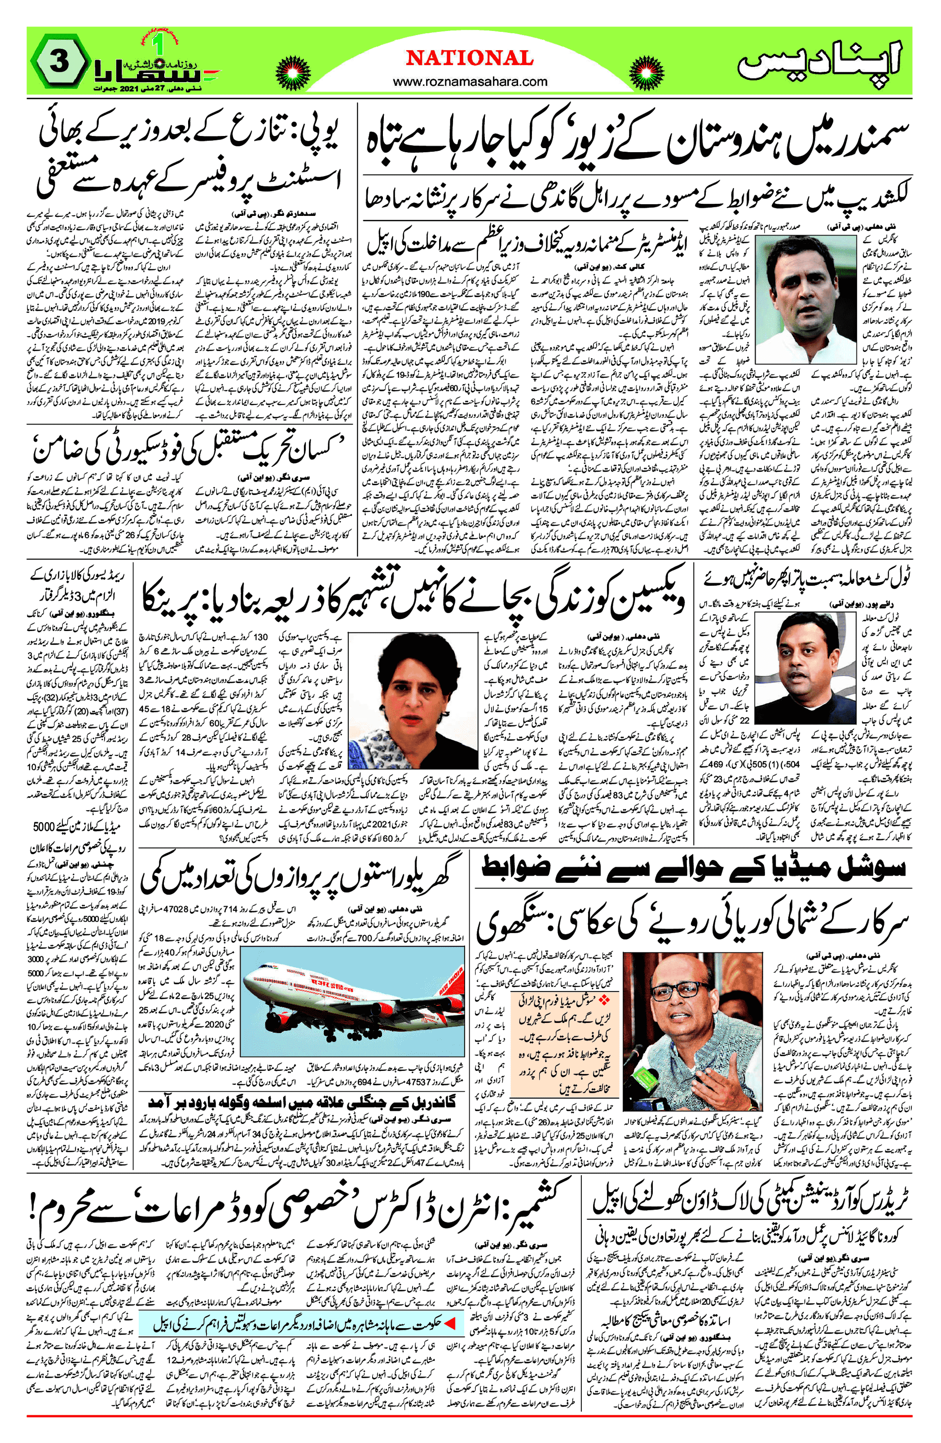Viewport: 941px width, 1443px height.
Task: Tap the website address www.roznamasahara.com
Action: pos(470,82)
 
